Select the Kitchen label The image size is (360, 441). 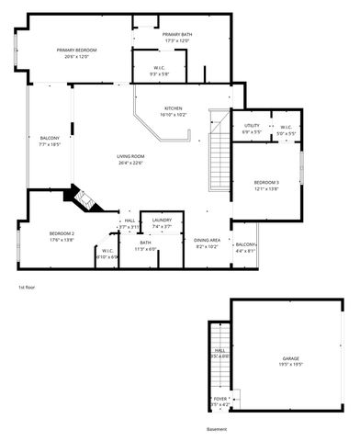click(174, 107)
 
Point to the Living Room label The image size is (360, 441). click(131, 157)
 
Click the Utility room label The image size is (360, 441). click(252, 126)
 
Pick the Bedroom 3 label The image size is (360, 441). click(266, 182)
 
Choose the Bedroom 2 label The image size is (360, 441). click(62, 233)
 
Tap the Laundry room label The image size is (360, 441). click(162, 220)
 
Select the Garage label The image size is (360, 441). click(291, 357)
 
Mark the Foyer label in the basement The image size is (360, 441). click(220, 399)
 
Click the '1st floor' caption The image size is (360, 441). click(27, 288)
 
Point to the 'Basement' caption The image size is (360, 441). click(216, 429)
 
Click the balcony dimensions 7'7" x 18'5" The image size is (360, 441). click(50, 144)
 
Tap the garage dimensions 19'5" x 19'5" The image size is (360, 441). click(291, 364)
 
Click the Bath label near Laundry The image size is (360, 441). click(145, 243)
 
